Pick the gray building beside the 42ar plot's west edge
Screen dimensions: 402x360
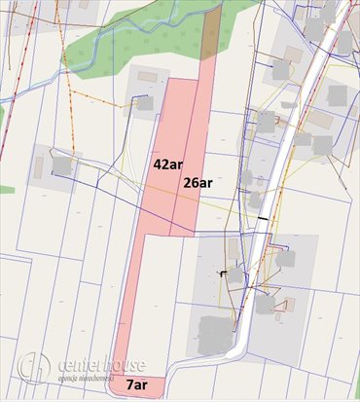tap(143, 102)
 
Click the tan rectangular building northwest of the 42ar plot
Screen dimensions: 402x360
tap(147, 76)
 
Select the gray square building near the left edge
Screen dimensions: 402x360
tap(60, 166)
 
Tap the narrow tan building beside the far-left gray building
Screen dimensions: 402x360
tap(39, 167)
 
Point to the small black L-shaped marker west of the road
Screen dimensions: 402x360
tap(225, 274)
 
